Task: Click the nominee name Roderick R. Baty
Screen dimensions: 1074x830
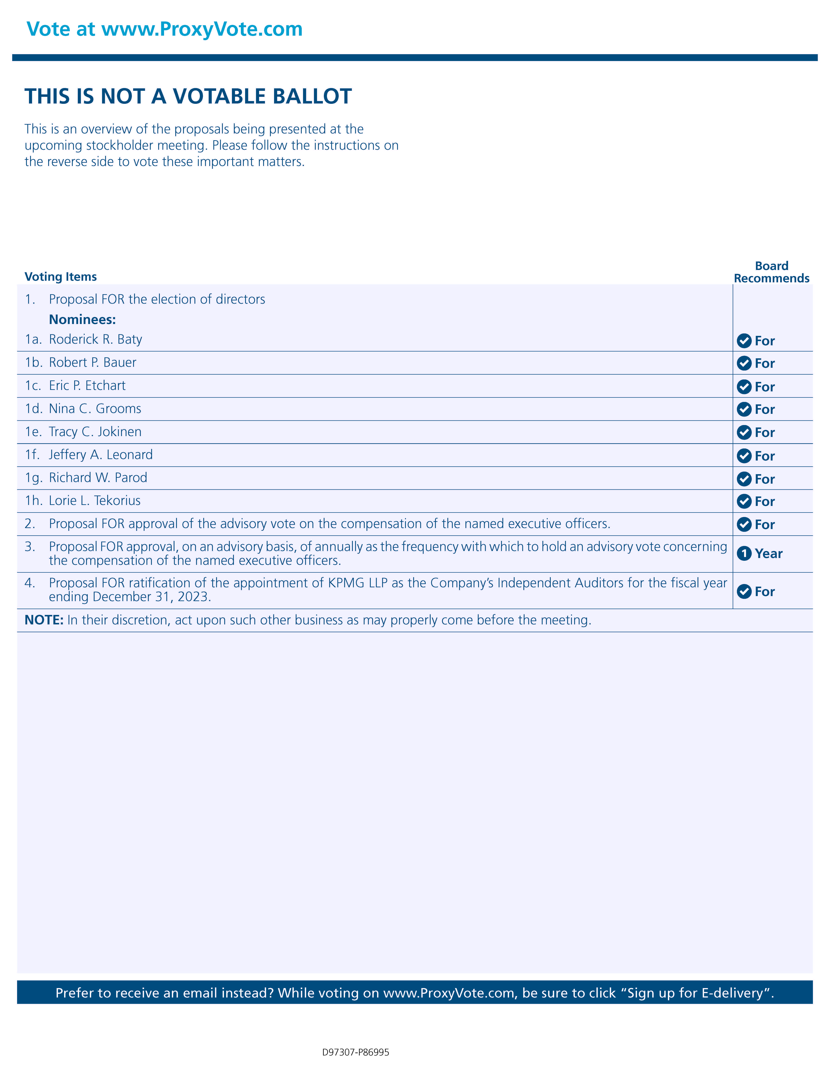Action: (95, 339)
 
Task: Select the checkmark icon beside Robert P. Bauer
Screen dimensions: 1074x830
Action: (744, 363)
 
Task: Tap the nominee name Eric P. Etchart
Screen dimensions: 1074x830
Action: (87, 386)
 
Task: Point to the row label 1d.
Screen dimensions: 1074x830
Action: (33, 409)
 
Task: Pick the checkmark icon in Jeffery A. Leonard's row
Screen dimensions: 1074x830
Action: (744, 456)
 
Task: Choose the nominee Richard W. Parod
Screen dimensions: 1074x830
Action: (98, 477)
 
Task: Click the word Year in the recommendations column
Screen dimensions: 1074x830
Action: (768, 554)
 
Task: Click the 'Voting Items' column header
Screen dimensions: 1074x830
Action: (61, 277)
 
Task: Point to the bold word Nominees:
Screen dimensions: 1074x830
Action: (82, 320)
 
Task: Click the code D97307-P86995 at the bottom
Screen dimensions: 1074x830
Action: (355, 1052)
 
